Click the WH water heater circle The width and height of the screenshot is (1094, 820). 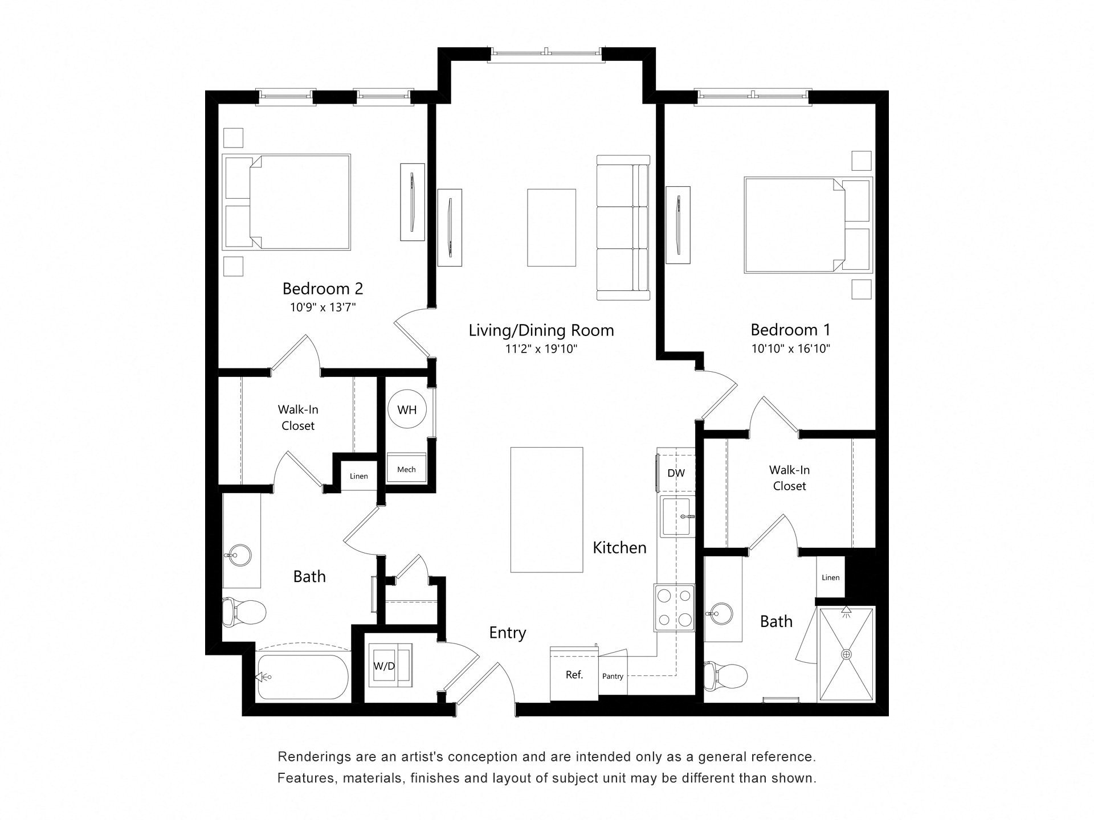(x=407, y=409)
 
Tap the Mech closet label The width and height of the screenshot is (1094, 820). (x=406, y=469)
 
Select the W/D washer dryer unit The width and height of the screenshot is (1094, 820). (x=385, y=666)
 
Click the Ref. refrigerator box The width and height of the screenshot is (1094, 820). (x=574, y=675)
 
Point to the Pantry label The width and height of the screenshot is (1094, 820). (x=613, y=676)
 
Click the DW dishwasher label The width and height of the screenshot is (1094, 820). (x=676, y=473)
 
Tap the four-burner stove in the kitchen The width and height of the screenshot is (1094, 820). (x=675, y=608)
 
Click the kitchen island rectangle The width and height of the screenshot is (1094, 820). (x=546, y=510)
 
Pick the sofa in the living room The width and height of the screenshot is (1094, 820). (x=623, y=228)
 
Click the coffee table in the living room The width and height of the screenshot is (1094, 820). (x=551, y=228)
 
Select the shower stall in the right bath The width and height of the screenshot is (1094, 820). (x=846, y=654)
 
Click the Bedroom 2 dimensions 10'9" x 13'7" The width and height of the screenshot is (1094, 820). (x=323, y=307)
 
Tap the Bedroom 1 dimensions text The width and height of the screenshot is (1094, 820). (x=790, y=348)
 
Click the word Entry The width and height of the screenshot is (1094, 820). (x=507, y=633)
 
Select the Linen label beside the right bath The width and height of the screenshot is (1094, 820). (x=830, y=577)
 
